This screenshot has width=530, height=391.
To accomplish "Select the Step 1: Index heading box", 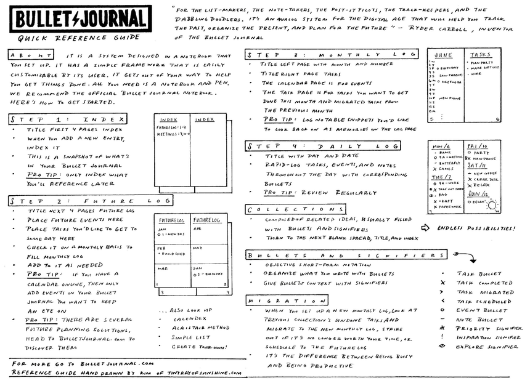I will point(68,118).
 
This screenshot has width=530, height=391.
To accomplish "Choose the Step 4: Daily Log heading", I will point(323,146).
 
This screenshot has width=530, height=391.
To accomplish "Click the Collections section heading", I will point(296,209).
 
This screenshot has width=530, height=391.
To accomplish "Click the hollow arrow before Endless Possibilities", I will point(425,228).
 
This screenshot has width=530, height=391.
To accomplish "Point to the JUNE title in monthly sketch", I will point(444,55).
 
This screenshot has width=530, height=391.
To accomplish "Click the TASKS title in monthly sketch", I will point(481,55).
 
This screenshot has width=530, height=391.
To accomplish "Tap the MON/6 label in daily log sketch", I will point(442,146).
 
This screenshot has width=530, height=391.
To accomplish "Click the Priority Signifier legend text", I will point(490,328).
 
